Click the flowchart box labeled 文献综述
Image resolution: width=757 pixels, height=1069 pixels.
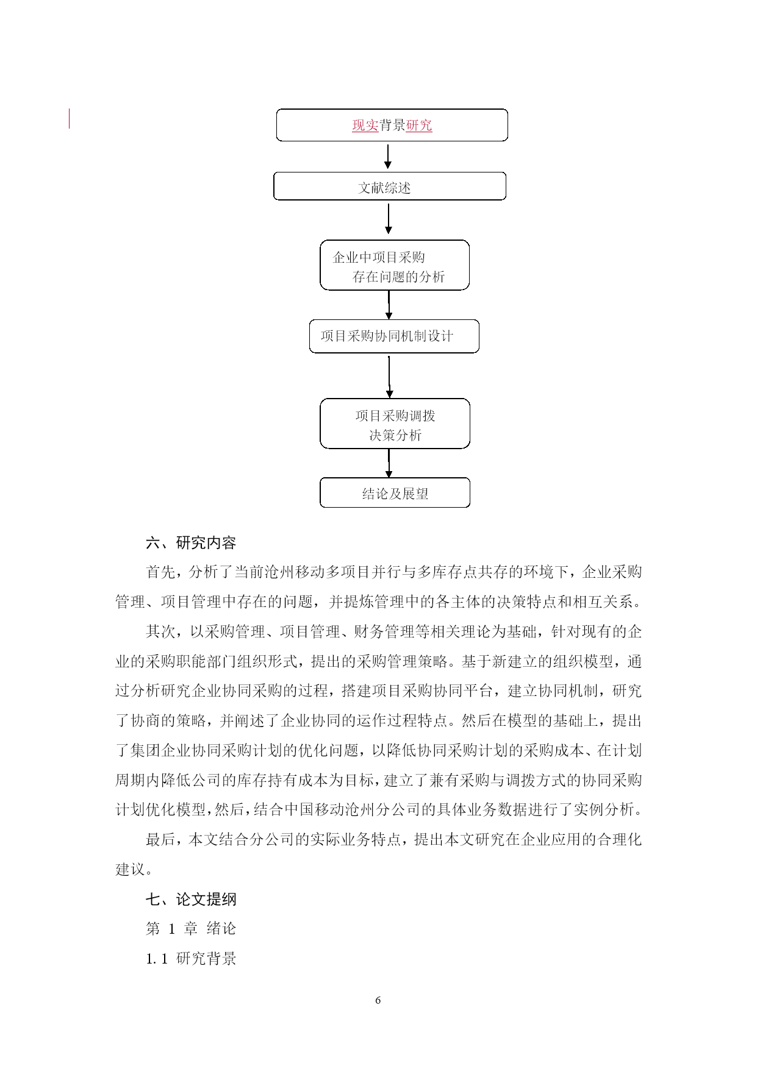390,186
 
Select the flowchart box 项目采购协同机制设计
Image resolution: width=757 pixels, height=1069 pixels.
394,336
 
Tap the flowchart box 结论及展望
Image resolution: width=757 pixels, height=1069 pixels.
395,492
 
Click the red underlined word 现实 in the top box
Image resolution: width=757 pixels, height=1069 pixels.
365,126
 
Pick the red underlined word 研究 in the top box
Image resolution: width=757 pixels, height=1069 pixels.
419,126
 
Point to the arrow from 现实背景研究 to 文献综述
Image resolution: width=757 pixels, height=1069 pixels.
388,157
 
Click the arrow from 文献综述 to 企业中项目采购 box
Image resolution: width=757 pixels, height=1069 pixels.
389,219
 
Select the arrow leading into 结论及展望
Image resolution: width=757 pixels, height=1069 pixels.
389,463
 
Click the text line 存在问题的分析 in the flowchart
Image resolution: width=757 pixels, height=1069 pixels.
399,277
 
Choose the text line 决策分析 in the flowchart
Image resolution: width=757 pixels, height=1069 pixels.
395,435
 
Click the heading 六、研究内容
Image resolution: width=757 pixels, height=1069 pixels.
191,542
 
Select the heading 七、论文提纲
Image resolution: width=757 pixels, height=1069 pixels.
191,899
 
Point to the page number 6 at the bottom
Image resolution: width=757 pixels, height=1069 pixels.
378,1000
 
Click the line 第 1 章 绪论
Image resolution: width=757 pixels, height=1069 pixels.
191,929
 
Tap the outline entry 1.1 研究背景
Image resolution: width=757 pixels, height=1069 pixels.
191,959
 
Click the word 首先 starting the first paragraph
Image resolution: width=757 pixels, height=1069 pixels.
160,572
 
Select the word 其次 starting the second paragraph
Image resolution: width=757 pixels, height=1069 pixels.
160,631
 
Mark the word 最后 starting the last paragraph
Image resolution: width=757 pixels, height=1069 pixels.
160,840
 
